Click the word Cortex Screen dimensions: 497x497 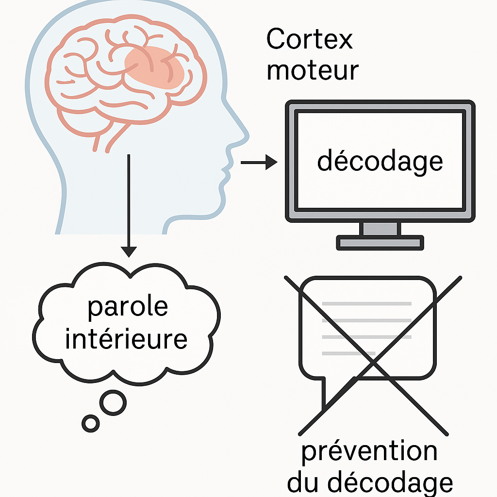tap(309, 39)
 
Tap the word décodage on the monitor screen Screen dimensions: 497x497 tap(380, 162)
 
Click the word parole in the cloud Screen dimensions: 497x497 tap(128, 307)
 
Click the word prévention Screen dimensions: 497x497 tap(369, 451)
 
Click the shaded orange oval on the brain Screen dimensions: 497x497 tap(154, 65)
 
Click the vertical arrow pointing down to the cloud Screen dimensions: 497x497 tap(129, 204)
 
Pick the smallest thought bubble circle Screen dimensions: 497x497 tap(90, 423)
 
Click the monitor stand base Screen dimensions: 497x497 tap(380, 242)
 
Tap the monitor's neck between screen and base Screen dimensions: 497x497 tap(380, 228)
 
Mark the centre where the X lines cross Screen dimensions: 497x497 tap(373, 362)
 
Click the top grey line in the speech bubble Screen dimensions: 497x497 tap(366, 304)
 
